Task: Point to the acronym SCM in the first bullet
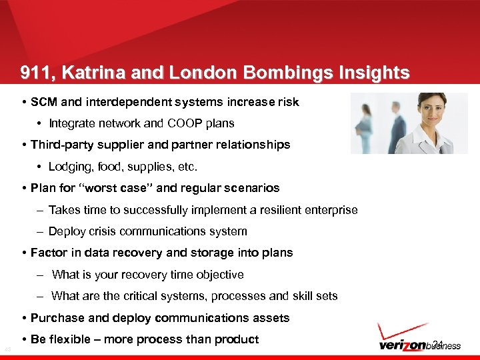pos(44,103)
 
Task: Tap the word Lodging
pos(71,166)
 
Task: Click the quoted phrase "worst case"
pos(119,188)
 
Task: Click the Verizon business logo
pos(418,345)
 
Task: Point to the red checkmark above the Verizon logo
pos(400,331)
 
